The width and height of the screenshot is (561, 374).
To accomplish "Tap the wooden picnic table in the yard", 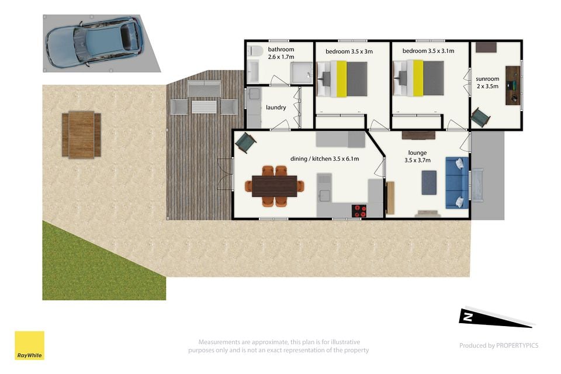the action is [81, 134].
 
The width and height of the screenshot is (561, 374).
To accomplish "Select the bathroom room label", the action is [281, 53].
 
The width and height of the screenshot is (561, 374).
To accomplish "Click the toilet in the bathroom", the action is [254, 51].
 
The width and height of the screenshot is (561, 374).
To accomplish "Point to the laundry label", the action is [276, 108].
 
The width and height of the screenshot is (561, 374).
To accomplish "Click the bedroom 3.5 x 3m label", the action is [349, 51].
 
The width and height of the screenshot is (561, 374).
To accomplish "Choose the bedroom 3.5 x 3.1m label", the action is [428, 51].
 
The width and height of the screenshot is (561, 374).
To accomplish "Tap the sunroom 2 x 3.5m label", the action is [487, 82].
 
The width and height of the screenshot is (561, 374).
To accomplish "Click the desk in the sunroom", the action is [512, 85].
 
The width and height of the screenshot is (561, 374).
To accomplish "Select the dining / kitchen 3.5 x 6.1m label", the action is [324, 158].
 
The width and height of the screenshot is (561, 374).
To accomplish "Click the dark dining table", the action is [275, 186].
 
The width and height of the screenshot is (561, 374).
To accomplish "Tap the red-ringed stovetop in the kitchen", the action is [359, 210].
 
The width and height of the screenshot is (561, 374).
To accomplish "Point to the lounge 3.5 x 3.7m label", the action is [417, 157].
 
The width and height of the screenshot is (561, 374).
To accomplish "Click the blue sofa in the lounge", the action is [457, 183].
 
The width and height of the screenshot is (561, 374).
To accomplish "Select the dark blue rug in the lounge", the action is [429, 182].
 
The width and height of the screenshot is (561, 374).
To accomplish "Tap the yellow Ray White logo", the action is [29, 345].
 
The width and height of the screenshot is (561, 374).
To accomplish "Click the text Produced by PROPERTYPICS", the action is [498, 345].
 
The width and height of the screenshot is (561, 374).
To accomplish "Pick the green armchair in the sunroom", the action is [480, 117].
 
